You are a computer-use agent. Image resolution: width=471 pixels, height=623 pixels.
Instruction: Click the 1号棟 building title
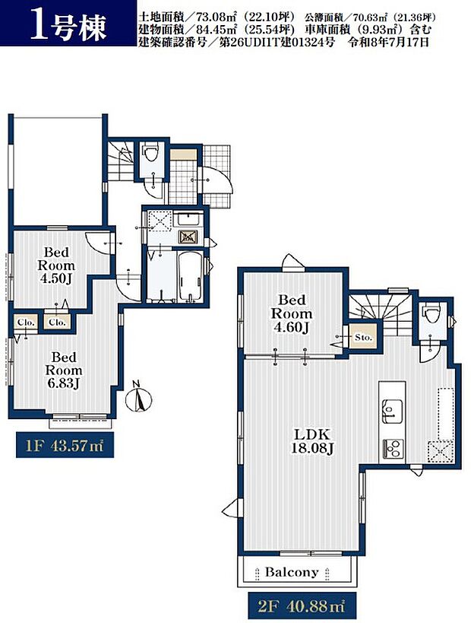click(68, 29)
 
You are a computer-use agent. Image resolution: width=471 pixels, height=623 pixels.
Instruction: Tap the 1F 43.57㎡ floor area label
click(65, 446)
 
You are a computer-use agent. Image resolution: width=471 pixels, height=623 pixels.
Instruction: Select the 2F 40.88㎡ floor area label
click(302, 606)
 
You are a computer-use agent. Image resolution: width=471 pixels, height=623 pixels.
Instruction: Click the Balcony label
click(292, 573)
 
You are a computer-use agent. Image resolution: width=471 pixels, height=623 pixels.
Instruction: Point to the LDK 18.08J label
click(313, 441)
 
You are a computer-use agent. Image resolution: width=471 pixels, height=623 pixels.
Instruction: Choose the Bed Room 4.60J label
click(292, 314)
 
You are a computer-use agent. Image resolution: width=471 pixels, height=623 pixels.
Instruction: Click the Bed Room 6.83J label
click(64, 370)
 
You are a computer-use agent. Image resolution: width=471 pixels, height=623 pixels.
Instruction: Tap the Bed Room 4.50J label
click(56, 265)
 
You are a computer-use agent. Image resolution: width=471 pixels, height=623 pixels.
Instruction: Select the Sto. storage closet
click(363, 337)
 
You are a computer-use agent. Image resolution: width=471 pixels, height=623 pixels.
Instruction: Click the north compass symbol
click(138, 397)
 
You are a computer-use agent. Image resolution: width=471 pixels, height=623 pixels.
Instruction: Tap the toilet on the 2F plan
click(431, 314)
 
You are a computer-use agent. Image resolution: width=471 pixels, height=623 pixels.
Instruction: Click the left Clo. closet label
click(27, 323)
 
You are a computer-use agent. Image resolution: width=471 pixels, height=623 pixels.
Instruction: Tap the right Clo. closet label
click(57, 323)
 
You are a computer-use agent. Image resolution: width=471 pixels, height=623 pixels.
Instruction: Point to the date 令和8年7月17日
click(388, 42)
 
